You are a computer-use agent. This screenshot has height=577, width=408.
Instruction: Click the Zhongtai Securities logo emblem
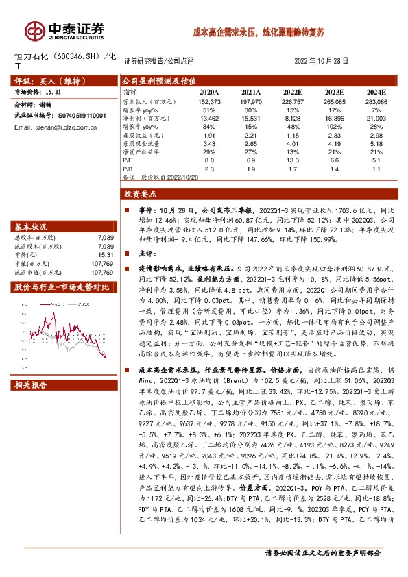coord(32,29)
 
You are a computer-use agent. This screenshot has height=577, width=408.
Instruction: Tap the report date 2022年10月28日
coord(321,60)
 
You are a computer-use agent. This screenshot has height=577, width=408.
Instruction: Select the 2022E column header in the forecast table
coord(293,92)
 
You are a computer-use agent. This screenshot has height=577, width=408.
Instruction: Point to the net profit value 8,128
coord(293,118)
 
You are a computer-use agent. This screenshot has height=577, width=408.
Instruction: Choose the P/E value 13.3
coord(293,159)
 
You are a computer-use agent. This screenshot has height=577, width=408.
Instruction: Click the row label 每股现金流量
coord(143,143)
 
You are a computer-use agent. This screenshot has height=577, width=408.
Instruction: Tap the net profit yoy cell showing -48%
coord(293,126)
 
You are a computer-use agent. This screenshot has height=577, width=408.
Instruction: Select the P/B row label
coord(128,167)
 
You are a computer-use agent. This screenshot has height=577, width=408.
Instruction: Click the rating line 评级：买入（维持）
coord(42,79)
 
